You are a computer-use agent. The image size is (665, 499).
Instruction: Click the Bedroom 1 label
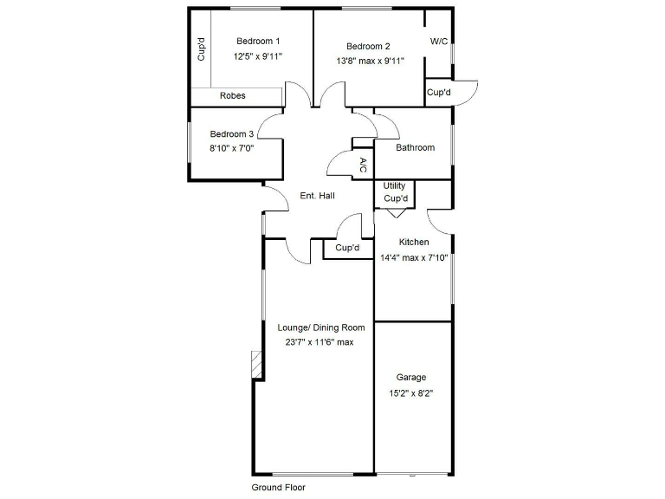tap(258, 41)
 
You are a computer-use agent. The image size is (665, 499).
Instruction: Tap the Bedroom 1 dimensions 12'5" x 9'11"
tap(258, 56)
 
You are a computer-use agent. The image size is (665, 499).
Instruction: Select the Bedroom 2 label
tap(369, 47)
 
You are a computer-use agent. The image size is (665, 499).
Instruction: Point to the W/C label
tap(438, 42)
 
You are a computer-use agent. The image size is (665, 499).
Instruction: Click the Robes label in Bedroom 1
tap(232, 95)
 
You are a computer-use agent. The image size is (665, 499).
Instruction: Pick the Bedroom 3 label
tap(232, 134)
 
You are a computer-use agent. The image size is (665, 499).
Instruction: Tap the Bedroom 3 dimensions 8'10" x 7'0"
tap(232, 148)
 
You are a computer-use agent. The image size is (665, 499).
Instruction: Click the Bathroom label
tap(415, 147)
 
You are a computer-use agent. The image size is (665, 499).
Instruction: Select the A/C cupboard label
tap(364, 165)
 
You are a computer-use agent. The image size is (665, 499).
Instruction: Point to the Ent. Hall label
tap(316, 196)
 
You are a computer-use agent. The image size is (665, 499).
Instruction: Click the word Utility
tap(394, 186)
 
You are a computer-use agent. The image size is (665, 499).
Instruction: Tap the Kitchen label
tap(414, 242)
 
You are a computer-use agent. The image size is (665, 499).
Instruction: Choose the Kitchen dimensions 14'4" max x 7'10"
tap(414, 257)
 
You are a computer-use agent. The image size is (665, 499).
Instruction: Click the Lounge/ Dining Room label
tap(321, 327)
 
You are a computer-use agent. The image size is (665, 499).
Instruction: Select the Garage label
tap(411, 378)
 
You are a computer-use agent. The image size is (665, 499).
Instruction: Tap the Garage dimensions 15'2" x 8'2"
tap(411, 393)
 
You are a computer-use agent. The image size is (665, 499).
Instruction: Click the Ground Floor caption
tap(278, 487)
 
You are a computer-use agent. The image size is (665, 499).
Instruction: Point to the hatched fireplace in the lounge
tap(255, 364)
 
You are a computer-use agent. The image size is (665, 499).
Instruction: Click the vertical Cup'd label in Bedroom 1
tap(201, 49)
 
